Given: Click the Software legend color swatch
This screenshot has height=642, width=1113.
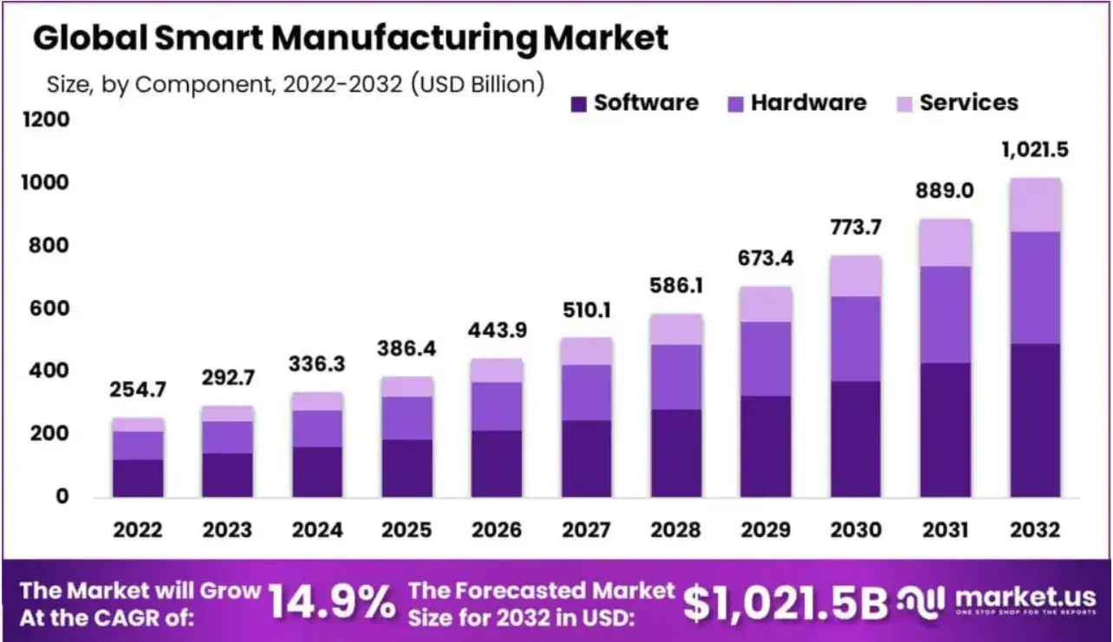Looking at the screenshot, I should [x=578, y=104].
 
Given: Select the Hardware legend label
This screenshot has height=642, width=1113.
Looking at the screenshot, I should [x=808, y=103].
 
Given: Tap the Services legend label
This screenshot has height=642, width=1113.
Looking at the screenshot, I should [x=968, y=103].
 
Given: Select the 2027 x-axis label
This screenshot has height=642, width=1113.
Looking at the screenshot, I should [x=587, y=530].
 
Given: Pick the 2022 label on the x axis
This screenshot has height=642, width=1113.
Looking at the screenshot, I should [x=138, y=530].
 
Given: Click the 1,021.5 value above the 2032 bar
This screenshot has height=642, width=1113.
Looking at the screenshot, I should [x=1034, y=149].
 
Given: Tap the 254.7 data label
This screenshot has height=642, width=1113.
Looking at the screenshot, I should [x=138, y=390].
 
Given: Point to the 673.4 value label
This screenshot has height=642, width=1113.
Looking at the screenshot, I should [x=766, y=258].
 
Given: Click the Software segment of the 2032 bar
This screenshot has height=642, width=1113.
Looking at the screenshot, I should [x=1035, y=420].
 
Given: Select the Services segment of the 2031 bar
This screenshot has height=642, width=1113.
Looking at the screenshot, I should [x=945, y=243].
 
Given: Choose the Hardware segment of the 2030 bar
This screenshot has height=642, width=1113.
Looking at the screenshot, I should [x=856, y=339].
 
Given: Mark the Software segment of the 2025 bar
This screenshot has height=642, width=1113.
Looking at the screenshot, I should [x=407, y=468].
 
